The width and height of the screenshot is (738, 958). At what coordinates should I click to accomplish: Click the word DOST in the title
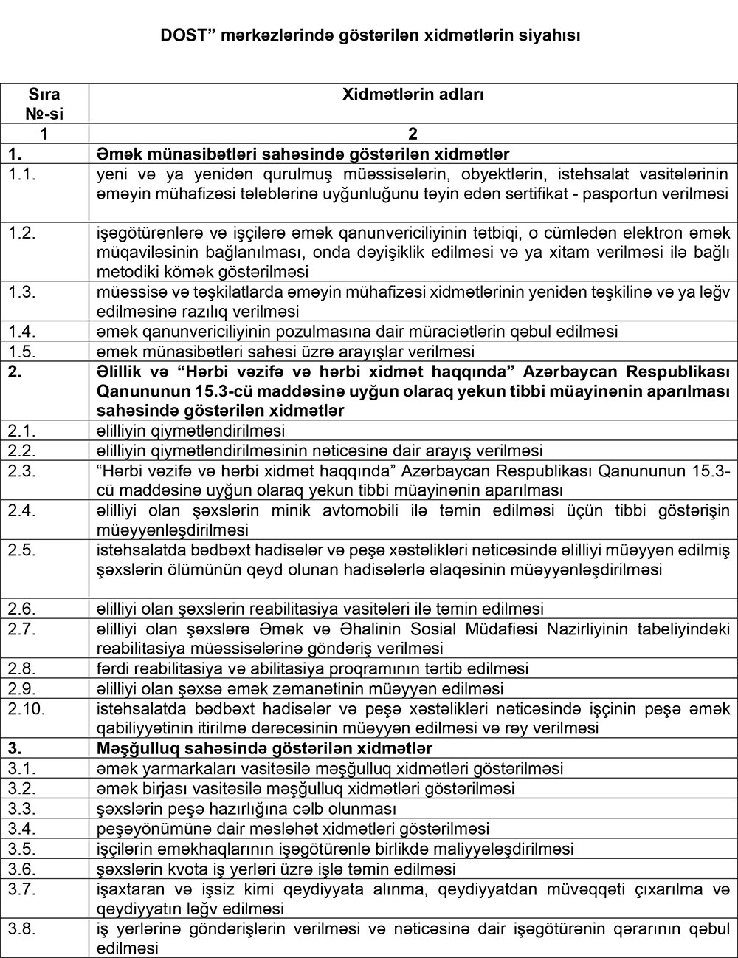click(179, 35)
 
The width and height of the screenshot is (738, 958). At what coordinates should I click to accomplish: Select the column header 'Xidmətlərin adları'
click(413, 95)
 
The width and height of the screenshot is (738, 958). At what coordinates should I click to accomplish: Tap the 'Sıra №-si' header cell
click(45, 104)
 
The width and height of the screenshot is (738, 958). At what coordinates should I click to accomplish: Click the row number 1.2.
click(22, 233)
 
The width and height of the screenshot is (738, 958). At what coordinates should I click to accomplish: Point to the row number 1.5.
click(22, 351)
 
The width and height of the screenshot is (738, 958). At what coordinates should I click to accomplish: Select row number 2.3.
click(22, 471)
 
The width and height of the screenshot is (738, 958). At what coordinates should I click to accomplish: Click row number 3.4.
click(22, 829)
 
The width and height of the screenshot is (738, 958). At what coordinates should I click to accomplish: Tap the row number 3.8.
click(22, 928)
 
